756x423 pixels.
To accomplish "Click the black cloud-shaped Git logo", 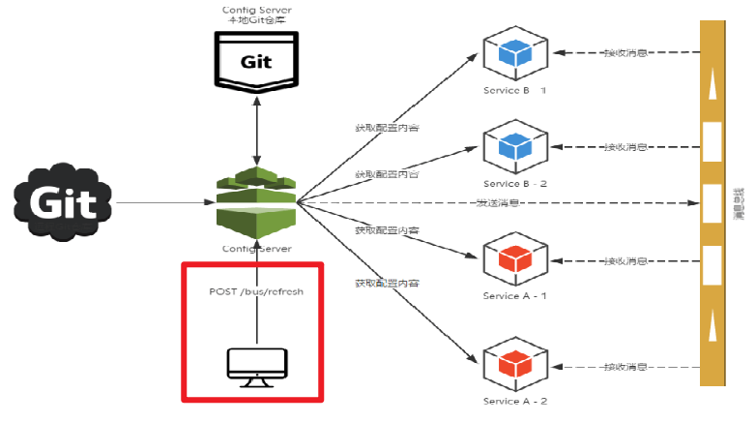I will coord(63,203).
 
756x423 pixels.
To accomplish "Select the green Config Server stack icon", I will coord(256,200).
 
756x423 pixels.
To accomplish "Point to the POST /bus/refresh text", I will coord(256,290).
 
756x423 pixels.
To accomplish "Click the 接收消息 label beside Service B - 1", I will coord(625,53).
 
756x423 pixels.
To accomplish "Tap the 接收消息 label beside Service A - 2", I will coord(625,367).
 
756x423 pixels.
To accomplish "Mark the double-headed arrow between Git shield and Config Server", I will coord(256,128).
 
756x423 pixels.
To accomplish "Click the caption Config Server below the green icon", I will coord(255,248).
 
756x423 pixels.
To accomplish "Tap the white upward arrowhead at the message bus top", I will coord(712,87).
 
